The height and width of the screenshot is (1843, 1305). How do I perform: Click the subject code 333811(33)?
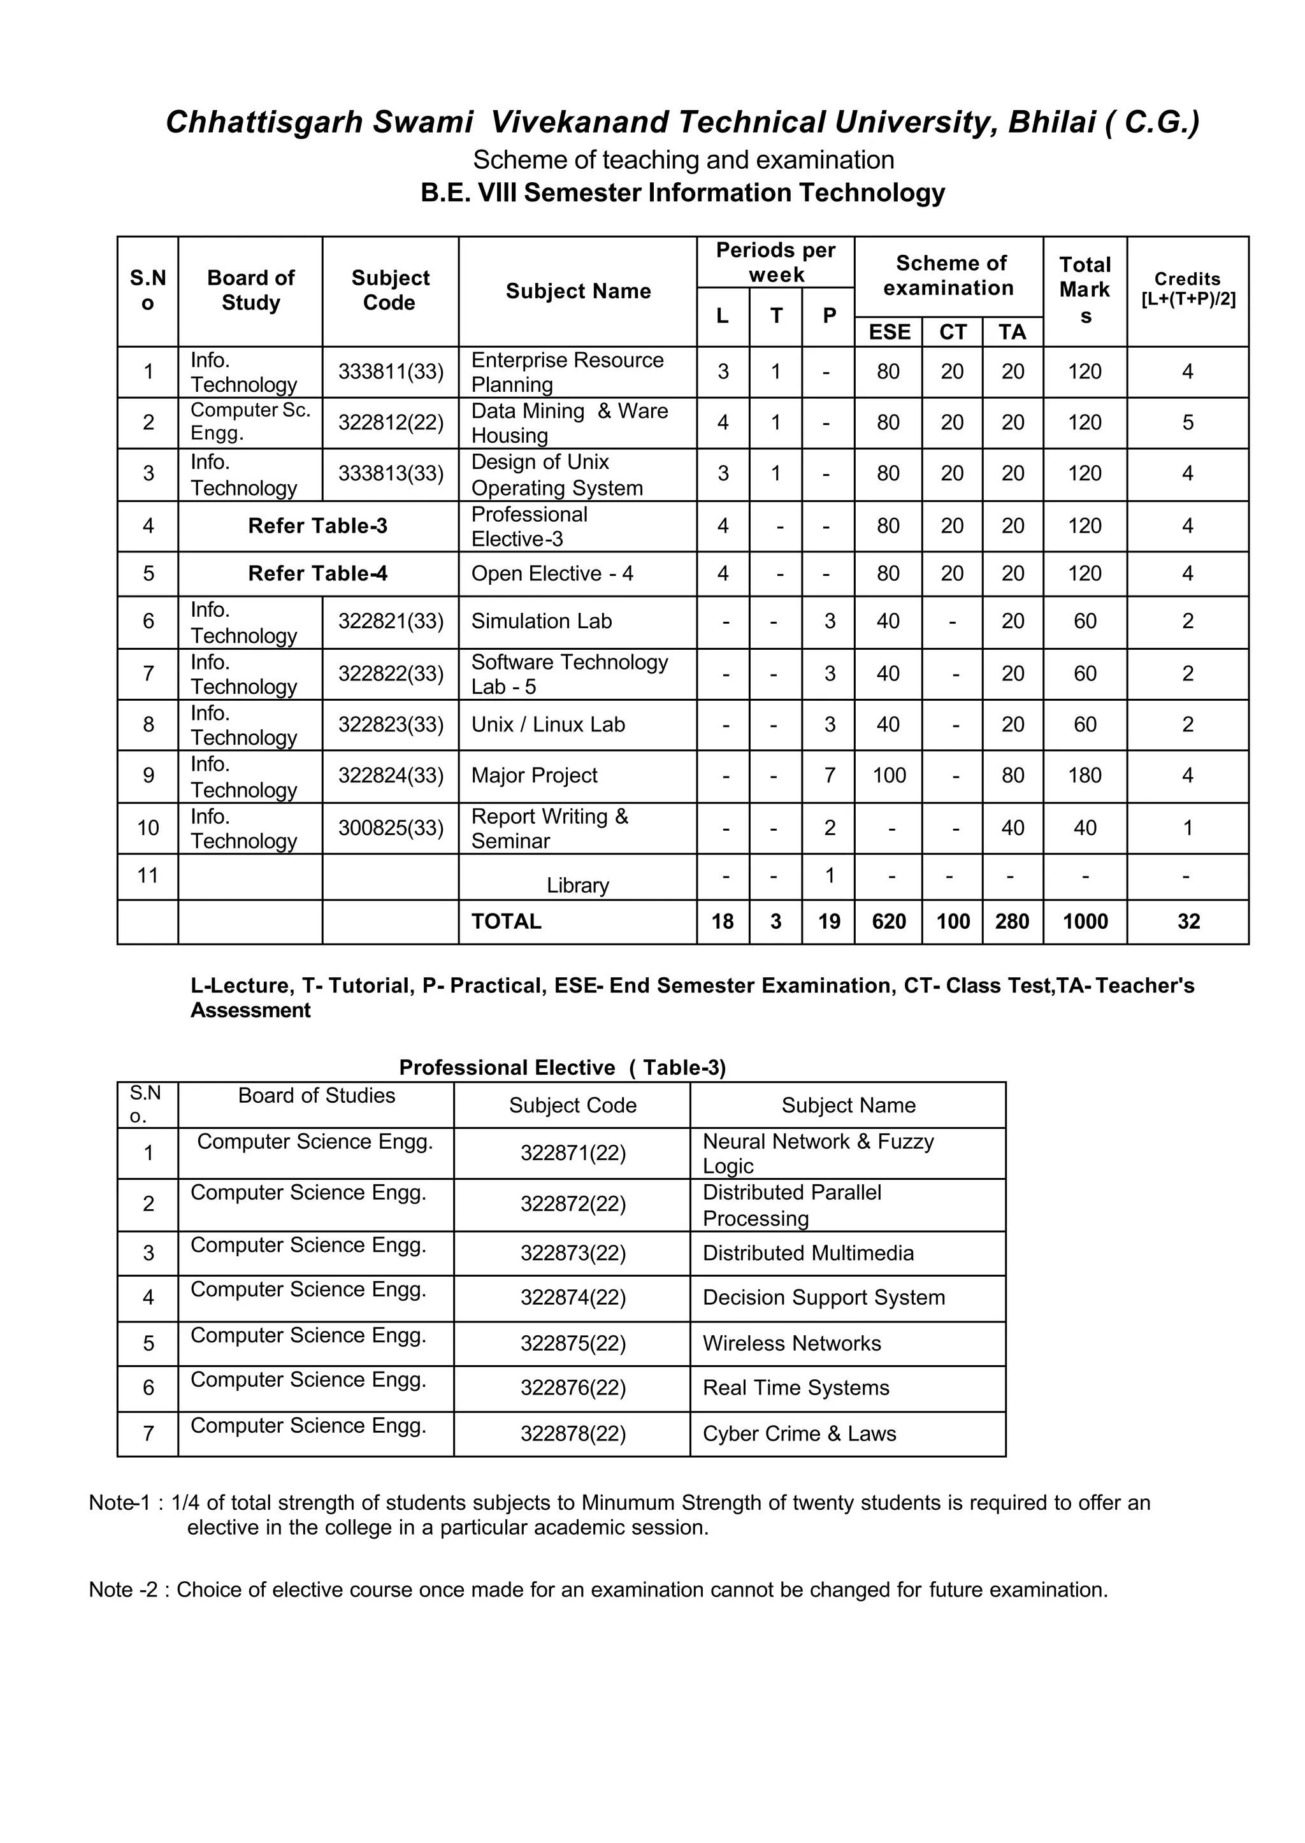[x=391, y=372]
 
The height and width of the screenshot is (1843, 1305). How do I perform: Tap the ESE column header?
[x=889, y=332]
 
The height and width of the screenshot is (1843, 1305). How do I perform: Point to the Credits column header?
[x=1187, y=289]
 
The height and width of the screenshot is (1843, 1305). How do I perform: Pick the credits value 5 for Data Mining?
[x=1187, y=422]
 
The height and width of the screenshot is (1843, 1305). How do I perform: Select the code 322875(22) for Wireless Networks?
[x=572, y=1344]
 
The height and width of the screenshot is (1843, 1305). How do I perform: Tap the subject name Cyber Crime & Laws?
[x=799, y=1433]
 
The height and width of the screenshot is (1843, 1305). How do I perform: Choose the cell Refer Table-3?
[x=317, y=526]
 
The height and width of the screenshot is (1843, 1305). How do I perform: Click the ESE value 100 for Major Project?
[x=889, y=775]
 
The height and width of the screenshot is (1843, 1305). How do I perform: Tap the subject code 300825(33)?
[x=391, y=828]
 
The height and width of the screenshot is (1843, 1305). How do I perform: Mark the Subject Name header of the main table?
[x=578, y=291]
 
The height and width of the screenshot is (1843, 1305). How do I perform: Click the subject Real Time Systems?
[x=795, y=1388]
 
